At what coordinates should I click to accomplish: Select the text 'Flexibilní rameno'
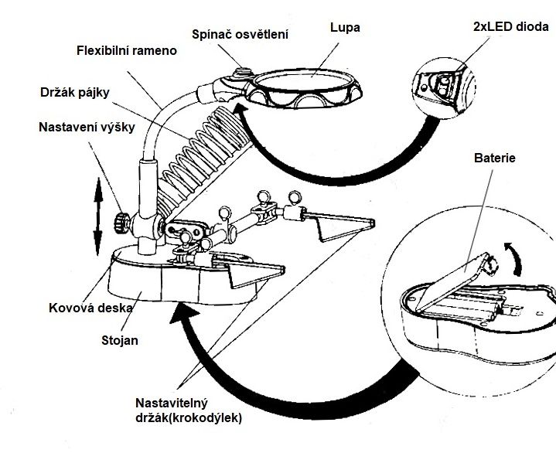[128, 52]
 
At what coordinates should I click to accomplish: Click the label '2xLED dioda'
[510, 26]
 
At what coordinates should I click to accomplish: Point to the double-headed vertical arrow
[97, 210]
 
